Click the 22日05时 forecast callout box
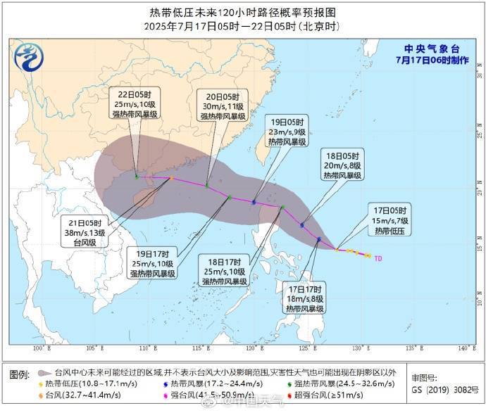tap(139, 104)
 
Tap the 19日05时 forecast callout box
tap(287, 131)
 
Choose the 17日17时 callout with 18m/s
tap(305, 298)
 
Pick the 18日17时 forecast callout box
tap(223, 271)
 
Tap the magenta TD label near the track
tap(379, 258)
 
